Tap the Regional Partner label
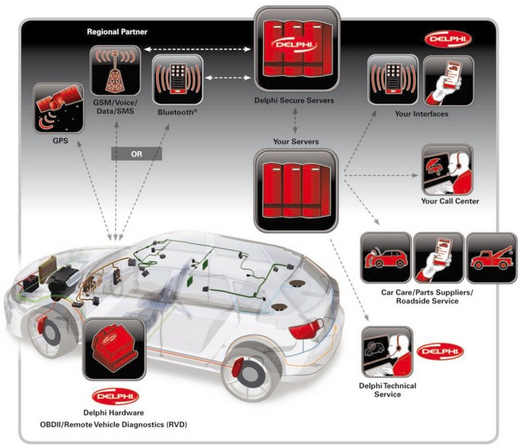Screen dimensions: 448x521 (118, 32)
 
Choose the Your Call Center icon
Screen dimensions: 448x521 (447, 168)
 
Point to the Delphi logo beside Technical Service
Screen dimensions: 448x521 (441, 351)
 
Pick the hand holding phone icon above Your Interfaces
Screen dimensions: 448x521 (447, 81)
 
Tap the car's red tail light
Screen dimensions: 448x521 (307, 329)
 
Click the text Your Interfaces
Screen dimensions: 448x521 (425, 114)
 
